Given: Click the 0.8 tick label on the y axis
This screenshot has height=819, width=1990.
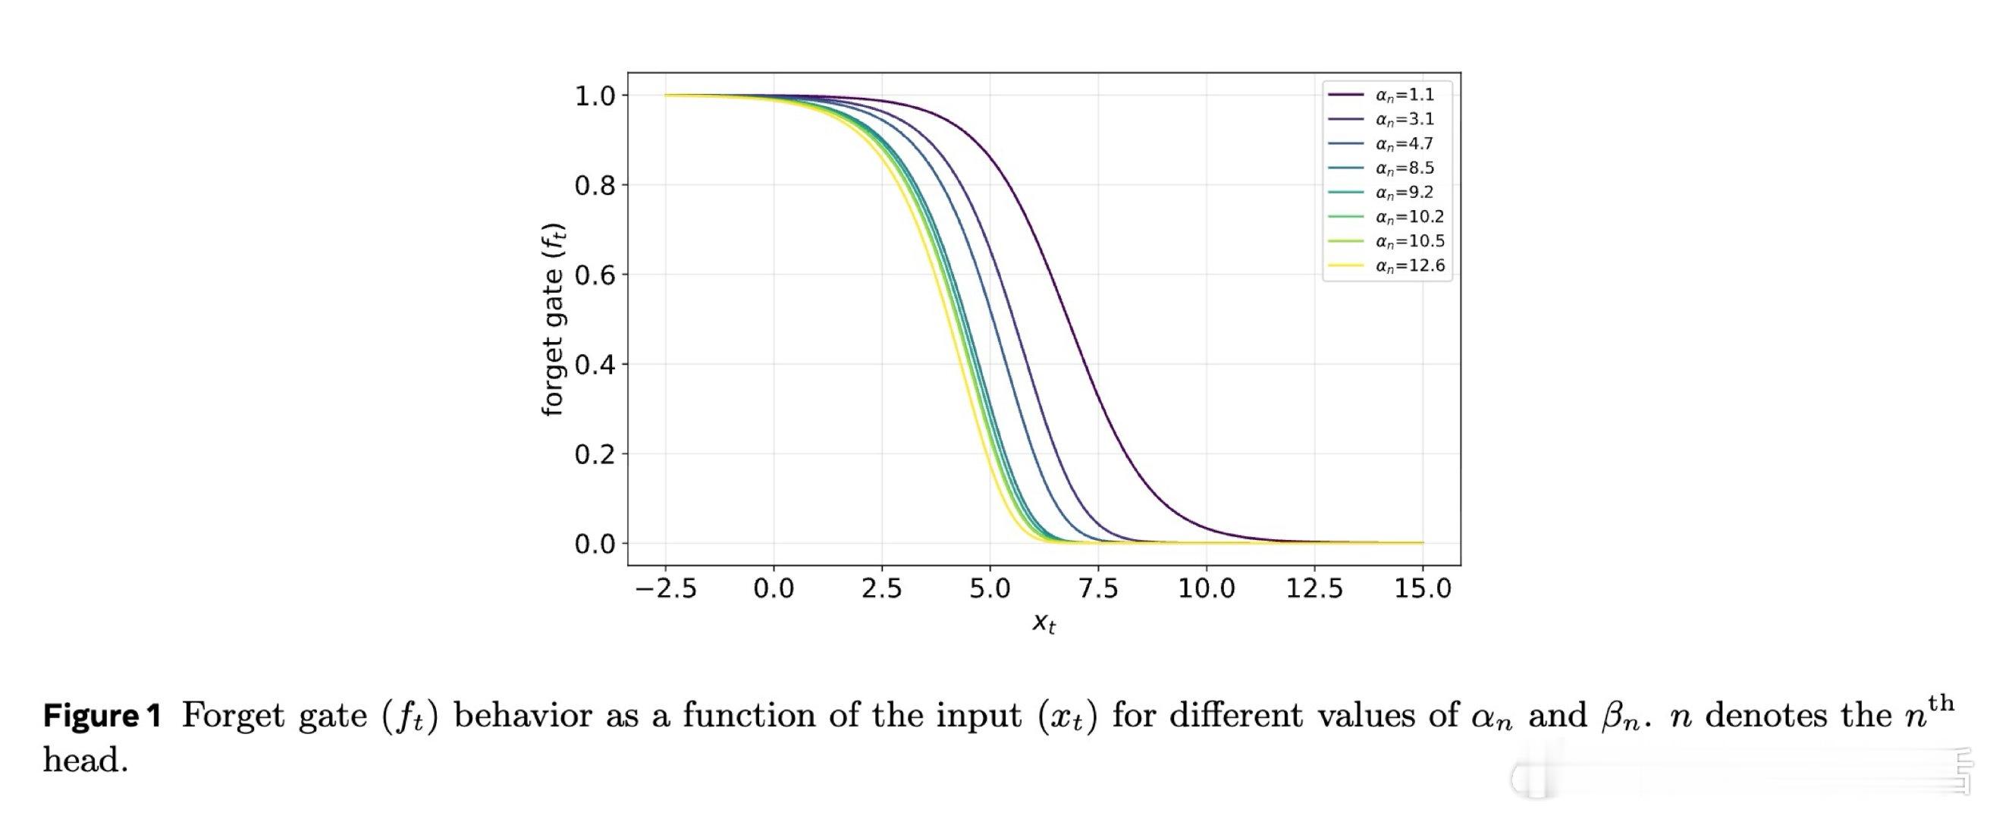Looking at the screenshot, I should coord(595,186).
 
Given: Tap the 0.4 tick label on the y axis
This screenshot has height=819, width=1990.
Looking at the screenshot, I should coord(595,365).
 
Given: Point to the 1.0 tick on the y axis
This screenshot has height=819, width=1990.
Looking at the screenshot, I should coord(595,96).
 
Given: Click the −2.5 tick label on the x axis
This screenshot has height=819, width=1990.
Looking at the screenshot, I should coord(665,589).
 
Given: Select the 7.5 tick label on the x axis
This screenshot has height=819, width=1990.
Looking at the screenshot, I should coord(1097,589).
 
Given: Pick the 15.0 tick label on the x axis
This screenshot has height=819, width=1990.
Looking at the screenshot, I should coord(1422,589).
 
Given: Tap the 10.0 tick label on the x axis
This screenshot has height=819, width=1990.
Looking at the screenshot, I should coord(1206,589).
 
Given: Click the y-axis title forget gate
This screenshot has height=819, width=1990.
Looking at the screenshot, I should coord(553,320).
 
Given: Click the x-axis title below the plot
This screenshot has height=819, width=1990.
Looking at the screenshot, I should coord(1044,623).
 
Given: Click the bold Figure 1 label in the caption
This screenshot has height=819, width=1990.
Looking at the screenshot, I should coord(102,716).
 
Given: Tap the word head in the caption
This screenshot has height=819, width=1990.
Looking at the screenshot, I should coord(84,761).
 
